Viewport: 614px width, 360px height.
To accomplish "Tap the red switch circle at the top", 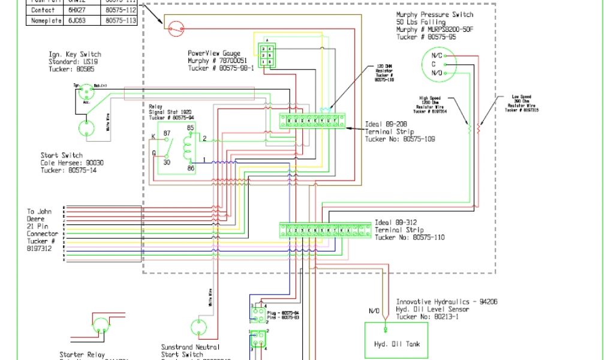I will coord(176,27).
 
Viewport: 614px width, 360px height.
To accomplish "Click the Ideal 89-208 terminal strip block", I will coord(312,121).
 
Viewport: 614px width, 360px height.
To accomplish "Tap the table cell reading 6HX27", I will coord(76,10).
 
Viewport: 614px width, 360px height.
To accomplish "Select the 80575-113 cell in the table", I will coord(121,20).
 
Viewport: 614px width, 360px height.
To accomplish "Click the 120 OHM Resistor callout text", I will coord(383,72).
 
